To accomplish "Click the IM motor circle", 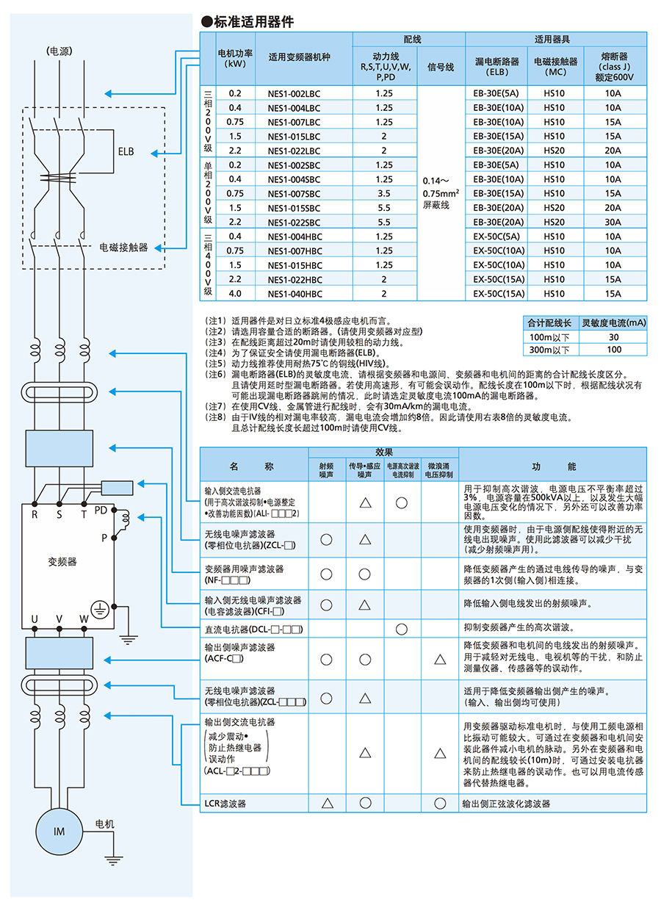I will tap(59, 831).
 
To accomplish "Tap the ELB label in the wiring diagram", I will tap(126, 152).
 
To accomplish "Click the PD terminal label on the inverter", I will tap(101, 510).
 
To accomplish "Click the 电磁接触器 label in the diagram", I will tap(123, 247).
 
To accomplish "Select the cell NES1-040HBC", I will tap(295, 294).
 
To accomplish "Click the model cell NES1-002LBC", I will tap(295, 93).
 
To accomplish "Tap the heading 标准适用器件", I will tap(253, 22).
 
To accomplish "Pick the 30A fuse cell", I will tap(613, 222).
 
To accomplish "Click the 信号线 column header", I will tap(441, 67).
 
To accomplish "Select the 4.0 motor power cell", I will tap(235, 294).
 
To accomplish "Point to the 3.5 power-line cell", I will tap(384, 193).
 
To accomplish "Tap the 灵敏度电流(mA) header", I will tap(613, 322).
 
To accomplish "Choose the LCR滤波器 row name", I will tap(226, 804).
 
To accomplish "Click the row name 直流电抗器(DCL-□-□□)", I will tap(253, 630).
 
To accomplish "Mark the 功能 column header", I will tap(552, 467).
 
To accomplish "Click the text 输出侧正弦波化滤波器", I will tap(506, 804).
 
